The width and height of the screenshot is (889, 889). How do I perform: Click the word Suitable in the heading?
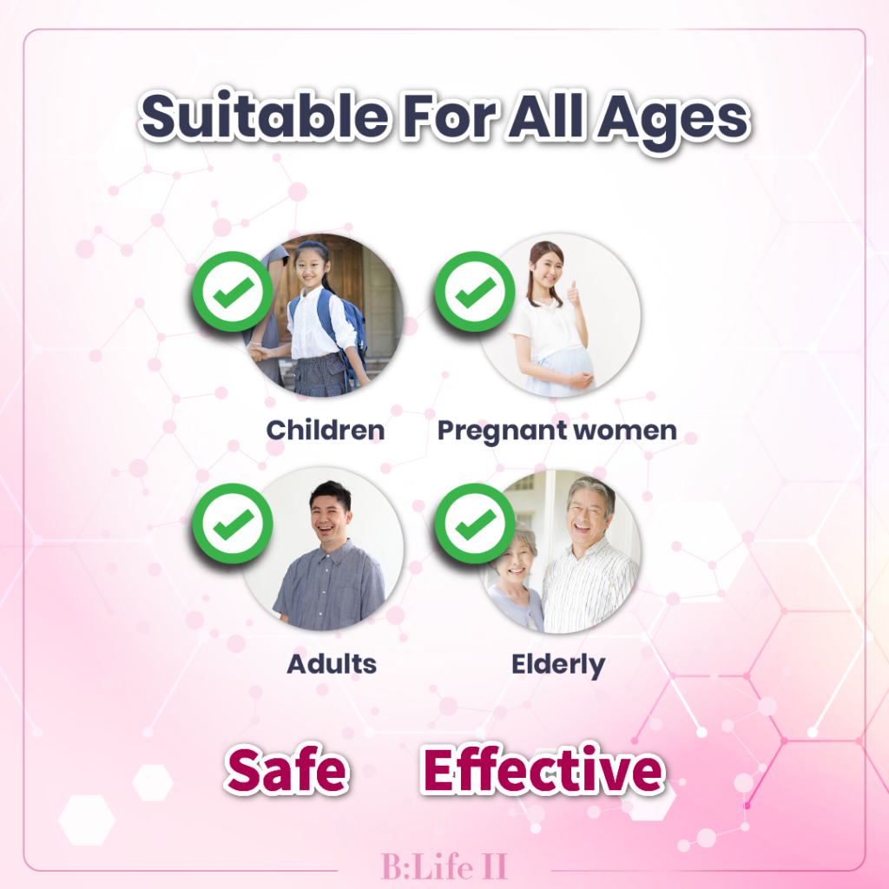point(265,116)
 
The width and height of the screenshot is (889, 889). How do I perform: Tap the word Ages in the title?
point(674,122)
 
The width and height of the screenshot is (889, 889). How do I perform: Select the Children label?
point(326,431)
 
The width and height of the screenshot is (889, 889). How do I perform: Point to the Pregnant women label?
point(556,431)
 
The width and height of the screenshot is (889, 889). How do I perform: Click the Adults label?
point(332,664)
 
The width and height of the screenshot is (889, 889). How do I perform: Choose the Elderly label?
point(558,665)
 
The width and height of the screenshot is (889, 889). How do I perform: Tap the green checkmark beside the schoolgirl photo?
point(233,292)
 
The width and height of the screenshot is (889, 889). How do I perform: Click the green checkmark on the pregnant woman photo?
point(475,292)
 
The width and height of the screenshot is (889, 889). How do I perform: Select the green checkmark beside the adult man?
point(233,524)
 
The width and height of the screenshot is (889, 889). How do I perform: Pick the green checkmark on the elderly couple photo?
point(475,524)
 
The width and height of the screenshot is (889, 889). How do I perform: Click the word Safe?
point(286,769)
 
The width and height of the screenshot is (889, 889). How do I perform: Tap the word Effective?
point(543,768)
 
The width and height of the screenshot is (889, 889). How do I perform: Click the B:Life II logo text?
point(444,866)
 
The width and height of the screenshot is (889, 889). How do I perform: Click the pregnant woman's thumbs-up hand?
point(574,293)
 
